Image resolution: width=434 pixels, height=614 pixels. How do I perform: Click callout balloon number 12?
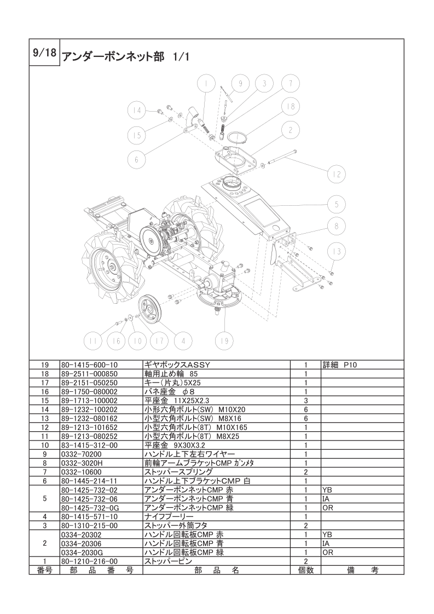[337, 174]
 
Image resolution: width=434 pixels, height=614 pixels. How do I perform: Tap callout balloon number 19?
[224, 341]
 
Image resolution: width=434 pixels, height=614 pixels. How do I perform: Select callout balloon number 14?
[136, 111]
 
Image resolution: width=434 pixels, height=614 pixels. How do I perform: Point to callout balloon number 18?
[291, 107]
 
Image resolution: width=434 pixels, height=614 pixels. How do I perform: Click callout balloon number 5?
[337, 204]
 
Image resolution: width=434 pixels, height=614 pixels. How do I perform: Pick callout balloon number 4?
[183, 341]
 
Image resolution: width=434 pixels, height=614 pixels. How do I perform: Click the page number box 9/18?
[45, 53]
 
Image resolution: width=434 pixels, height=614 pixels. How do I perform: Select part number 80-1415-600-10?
[89, 365]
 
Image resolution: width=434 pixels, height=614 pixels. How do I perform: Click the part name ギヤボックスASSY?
[177, 365]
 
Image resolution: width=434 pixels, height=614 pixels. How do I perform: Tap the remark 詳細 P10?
[340, 365]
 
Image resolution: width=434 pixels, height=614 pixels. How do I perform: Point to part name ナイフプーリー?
[169, 517]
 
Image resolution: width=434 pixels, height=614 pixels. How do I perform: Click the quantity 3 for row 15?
[306, 401]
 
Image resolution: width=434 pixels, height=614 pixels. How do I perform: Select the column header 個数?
[306, 570]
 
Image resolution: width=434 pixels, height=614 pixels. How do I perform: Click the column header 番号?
[45, 570]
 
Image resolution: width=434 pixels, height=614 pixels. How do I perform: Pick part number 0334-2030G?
[81, 553]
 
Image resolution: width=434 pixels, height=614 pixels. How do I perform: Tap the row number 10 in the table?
[45, 445]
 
